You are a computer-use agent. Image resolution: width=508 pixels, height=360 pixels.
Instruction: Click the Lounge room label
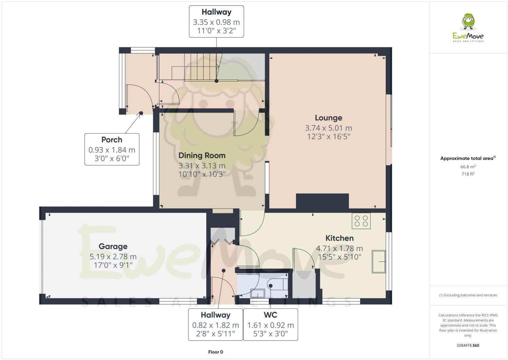tap(328, 118)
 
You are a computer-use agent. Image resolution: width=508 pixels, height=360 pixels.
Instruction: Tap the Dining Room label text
tap(202, 156)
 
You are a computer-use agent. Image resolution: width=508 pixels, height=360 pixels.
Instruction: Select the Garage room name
tap(113, 247)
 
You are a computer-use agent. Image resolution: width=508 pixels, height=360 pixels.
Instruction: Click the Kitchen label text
tap(339, 238)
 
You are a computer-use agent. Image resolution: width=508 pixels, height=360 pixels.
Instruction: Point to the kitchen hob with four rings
tap(361, 221)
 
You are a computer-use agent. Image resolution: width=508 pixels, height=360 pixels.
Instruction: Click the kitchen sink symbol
tap(379, 262)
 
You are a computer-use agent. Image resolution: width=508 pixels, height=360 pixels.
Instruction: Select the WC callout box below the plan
tap(271, 324)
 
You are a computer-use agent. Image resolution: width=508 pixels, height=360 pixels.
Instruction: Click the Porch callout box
tap(112, 149)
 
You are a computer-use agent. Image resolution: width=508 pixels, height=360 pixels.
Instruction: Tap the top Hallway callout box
tap(216, 21)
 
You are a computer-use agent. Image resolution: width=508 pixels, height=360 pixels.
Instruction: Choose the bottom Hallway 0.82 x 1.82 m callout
tap(215, 324)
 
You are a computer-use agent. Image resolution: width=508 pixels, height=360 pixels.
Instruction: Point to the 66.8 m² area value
tap(468, 167)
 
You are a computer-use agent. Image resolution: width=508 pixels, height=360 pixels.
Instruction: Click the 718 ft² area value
tap(468, 174)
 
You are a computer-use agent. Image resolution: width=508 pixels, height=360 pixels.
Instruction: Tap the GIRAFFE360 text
tap(468, 346)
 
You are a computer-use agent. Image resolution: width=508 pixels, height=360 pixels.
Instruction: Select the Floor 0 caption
tap(215, 352)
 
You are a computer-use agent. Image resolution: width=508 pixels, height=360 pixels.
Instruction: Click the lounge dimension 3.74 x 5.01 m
tap(328, 128)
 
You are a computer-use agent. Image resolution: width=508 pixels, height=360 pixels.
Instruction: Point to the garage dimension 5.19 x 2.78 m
tap(113, 257)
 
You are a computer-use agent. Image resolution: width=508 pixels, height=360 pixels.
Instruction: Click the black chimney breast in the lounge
tap(322, 201)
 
